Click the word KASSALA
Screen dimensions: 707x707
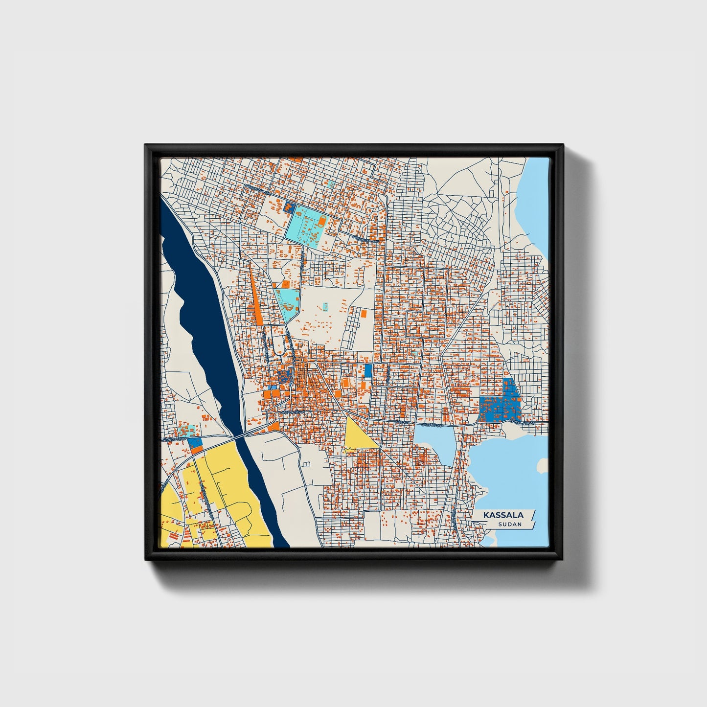503,515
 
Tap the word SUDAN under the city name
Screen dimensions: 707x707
510,525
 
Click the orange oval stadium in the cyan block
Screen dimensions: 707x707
322,222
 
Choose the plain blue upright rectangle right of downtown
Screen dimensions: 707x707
368,370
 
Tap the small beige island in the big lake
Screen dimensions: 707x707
542,465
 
